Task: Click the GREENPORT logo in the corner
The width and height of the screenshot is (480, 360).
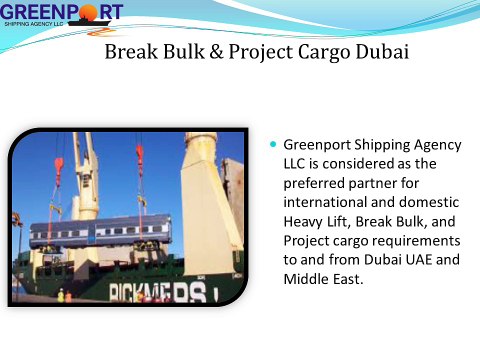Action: (x=62, y=13)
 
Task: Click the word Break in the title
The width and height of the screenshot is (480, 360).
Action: (x=129, y=51)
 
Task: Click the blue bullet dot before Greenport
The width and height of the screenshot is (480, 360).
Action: (x=273, y=144)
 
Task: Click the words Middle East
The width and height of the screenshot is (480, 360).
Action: (x=323, y=276)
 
